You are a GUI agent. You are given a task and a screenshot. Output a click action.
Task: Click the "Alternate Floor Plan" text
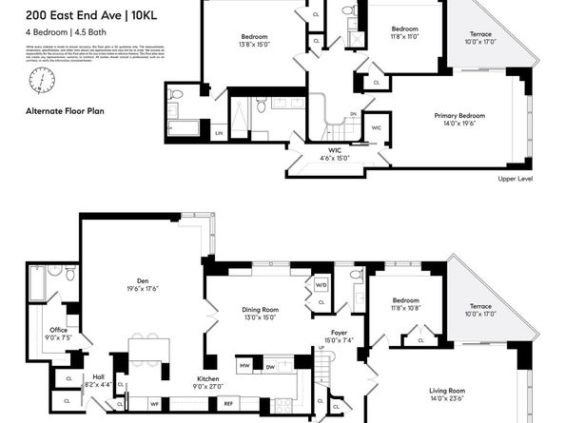65,111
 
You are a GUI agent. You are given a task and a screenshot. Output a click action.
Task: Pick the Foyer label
339,336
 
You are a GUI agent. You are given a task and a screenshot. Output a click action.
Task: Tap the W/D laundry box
321,285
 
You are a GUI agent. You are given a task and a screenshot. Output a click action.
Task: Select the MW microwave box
244,364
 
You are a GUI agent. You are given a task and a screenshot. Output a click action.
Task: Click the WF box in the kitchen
154,402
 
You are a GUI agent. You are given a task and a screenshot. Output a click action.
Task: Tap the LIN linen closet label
218,132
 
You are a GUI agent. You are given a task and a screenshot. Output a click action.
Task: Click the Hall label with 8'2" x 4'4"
98,379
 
